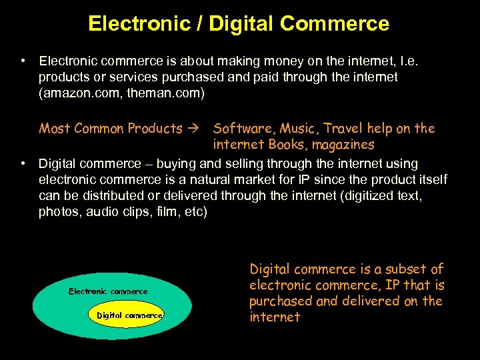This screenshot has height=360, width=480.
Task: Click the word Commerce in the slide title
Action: [x=335, y=25]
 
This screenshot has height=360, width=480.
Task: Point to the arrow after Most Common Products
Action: [x=197, y=129]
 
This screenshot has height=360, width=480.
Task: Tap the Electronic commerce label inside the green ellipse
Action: [x=108, y=291]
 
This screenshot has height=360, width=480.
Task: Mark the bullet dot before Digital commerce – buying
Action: [x=23, y=163]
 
